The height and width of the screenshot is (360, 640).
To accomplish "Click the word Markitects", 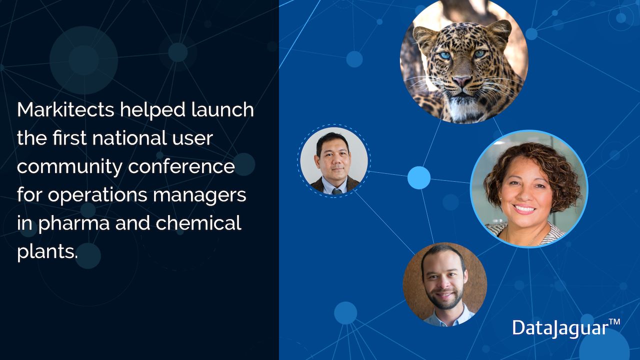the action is pos(65,109).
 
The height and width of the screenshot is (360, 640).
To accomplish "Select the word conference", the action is pos(181,166).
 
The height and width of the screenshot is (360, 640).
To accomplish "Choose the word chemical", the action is pos(198,222).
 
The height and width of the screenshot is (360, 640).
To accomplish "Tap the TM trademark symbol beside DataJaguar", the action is pos(614,322).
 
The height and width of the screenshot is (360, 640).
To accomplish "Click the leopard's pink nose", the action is pos(462,81).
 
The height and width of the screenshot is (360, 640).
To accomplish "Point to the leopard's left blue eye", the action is pos(445,55).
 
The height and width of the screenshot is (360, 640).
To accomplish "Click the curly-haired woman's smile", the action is pos(524,209).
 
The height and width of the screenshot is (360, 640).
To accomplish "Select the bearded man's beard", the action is pos(443,299).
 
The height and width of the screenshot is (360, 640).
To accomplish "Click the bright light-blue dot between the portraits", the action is pos(419,177).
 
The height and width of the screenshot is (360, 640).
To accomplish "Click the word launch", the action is pos(222,109).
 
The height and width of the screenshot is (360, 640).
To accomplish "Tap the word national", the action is pos(129,138).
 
